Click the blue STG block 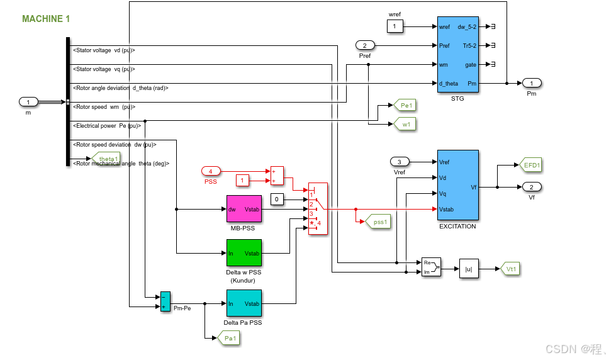457,55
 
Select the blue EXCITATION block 457,185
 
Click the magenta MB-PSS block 244,208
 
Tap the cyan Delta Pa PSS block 244,303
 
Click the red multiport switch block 318,210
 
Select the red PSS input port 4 211,171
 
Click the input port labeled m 29,101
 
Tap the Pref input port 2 365,45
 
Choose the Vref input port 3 399,162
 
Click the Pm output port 532,83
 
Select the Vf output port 532,187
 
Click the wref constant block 395,26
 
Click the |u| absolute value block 469,268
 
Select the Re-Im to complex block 431,267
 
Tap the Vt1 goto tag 510,268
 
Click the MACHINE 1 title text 46,19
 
